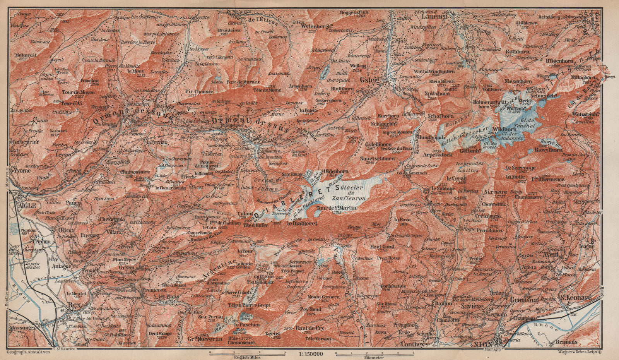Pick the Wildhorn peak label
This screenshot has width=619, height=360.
coord(506,130)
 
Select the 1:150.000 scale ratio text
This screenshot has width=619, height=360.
coord(309,353)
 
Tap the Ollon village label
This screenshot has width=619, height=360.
coord(65,229)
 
